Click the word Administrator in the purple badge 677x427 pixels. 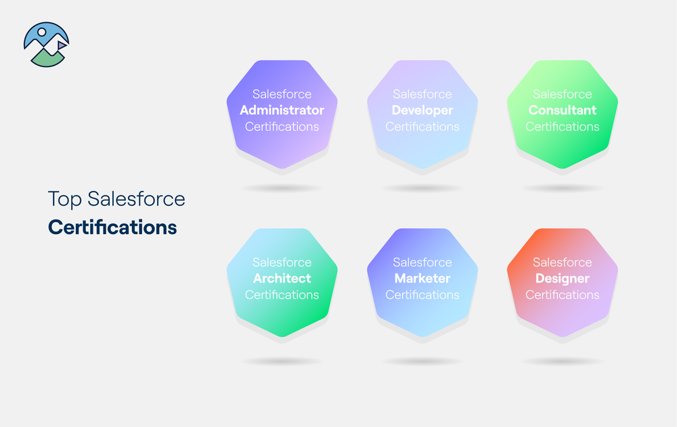coord(282,110)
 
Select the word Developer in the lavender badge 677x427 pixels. coord(422,110)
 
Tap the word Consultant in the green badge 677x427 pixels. coord(563,110)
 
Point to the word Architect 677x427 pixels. coord(282,278)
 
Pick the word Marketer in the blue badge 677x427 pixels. coord(422,278)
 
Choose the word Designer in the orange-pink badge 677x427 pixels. coord(563,278)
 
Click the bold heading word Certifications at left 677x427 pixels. coord(112,227)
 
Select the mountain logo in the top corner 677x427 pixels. coord(46,45)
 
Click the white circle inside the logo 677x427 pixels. coord(42,31)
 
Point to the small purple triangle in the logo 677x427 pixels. coord(61,45)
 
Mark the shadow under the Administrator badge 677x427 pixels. coord(282,188)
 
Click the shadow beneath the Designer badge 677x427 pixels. coord(563,361)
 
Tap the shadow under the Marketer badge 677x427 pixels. coord(422,361)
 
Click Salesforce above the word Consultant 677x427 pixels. coord(563,94)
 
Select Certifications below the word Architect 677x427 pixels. coord(282,295)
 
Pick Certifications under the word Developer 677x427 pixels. coord(422,127)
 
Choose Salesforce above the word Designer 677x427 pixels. coord(563,262)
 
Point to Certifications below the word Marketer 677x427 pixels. coord(422,295)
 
